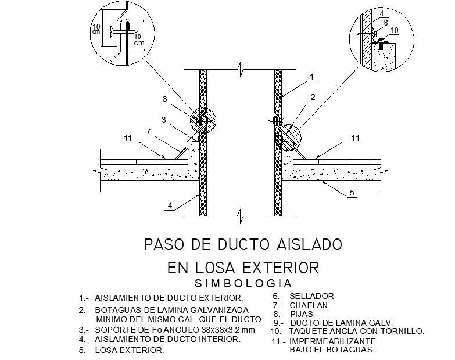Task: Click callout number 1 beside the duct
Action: tap(312, 77)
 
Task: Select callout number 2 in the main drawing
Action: tap(313, 97)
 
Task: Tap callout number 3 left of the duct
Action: tap(164, 120)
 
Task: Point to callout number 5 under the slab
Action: tap(352, 193)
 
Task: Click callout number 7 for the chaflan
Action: tap(149, 132)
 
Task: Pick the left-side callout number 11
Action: tap(128, 138)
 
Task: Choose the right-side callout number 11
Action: tap(356, 138)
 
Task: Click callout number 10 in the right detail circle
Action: tap(395, 30)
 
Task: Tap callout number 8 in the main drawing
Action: tap(164, 99)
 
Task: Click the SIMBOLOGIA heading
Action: tap(243, 284)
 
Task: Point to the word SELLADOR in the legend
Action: tap(311, 296)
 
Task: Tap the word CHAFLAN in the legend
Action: tap(310, 305)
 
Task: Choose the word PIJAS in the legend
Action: tap(302, 314)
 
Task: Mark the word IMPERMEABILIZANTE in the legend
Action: tap(332, 341)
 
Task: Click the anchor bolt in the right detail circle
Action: tap(380, 45)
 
